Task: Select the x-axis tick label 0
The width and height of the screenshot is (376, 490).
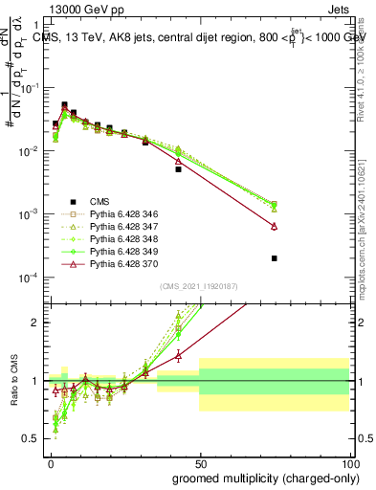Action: click(x=51, y=463)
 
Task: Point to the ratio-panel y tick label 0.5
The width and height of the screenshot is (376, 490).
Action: click(x=34, y=439)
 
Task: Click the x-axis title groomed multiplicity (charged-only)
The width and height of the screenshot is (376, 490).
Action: click(x=261, y=478)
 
